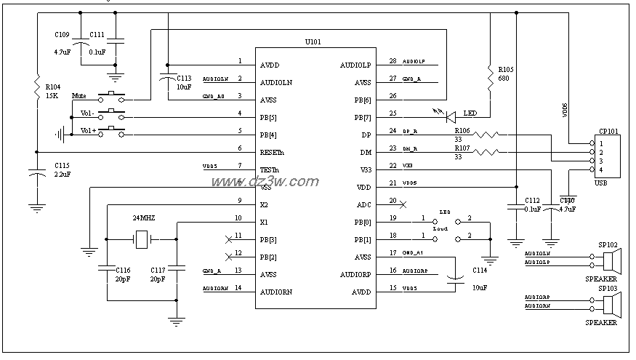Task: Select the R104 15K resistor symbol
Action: [x=36, y=88]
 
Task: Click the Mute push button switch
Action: [x=111, y=97]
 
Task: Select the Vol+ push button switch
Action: [x=111, y=132]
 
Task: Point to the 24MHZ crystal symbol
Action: [x=142, y=237]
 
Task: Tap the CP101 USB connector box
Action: [x=606, y=156]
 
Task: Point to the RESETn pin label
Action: [x=272, y=152]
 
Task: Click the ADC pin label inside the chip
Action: [x=363, y=204]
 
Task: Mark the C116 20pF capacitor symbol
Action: [x=107, y=266]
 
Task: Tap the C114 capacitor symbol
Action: [x=456, y=278]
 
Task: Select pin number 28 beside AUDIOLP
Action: [x=393, y=61]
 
